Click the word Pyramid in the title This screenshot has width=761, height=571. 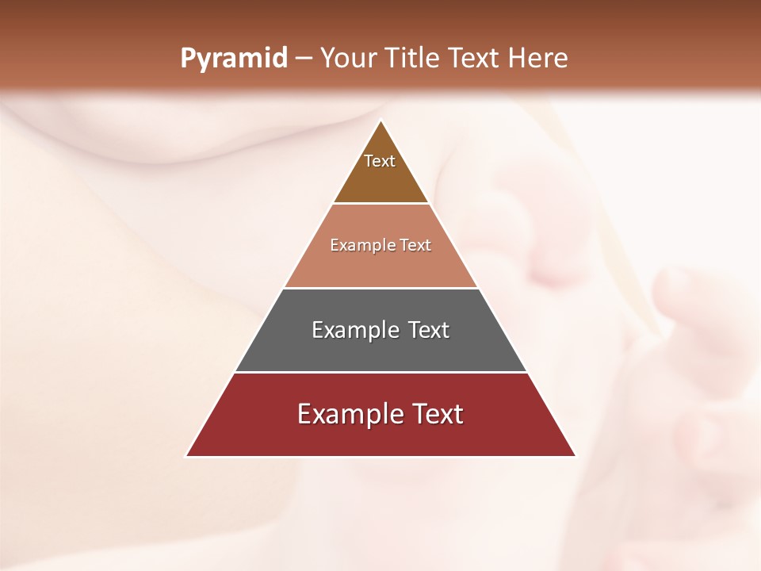pyautogui.click(x=233, y=59)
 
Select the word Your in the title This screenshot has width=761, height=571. pyautogui.click(x=350, y=58)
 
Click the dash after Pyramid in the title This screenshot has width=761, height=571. pyautogui.click(x=304, y=59)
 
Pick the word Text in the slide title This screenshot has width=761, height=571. pyautogui.click(x=475, y=58)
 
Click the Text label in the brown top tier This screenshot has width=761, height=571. pyautogui.click(x=380, y=161)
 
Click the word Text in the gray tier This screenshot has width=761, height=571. pyautogui.click(x=429, y=330)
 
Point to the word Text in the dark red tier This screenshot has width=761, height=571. pyautogui.click(x=438, y=414)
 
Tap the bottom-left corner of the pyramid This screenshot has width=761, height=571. pyautogui.click(x=186, y=456)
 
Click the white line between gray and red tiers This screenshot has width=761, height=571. pyautogui.click(x=380, y=372)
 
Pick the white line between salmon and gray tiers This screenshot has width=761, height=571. pyautogui.click(x=380, y=288)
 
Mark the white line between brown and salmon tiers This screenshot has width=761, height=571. pyautogui.click(x=380, y=204)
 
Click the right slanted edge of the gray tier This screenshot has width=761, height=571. pyautogui.click(x=503, y=330)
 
